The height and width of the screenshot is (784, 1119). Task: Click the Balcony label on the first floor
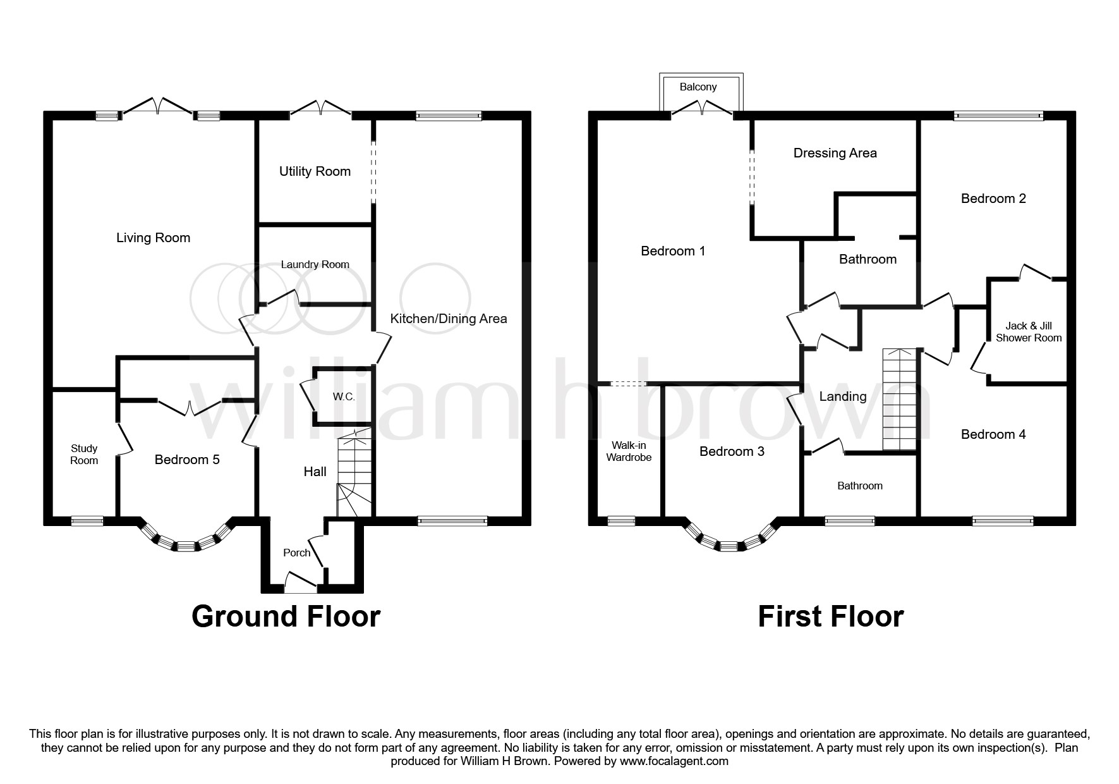coord(698,87)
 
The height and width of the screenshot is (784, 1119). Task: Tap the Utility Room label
coord(315,171)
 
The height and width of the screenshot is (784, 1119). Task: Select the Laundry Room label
coord(315,264)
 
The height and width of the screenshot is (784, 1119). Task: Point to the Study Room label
coord(84,454)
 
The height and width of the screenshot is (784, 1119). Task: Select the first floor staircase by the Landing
coord(899,400)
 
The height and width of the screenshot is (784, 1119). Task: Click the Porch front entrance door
coord(301,582)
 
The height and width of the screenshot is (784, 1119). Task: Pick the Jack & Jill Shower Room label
coord(1029,332)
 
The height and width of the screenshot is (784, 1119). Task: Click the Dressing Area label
coord(835,153)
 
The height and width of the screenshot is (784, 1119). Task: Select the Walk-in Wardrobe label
coord(629,451)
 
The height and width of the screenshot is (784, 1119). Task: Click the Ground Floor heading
coord(286,616)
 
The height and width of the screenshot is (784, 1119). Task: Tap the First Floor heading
coord(830,616)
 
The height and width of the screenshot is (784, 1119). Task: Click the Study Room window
coord(87,521)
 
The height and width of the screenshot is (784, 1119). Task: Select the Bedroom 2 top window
coord(998,116)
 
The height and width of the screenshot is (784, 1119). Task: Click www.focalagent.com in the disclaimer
coord(674,761)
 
